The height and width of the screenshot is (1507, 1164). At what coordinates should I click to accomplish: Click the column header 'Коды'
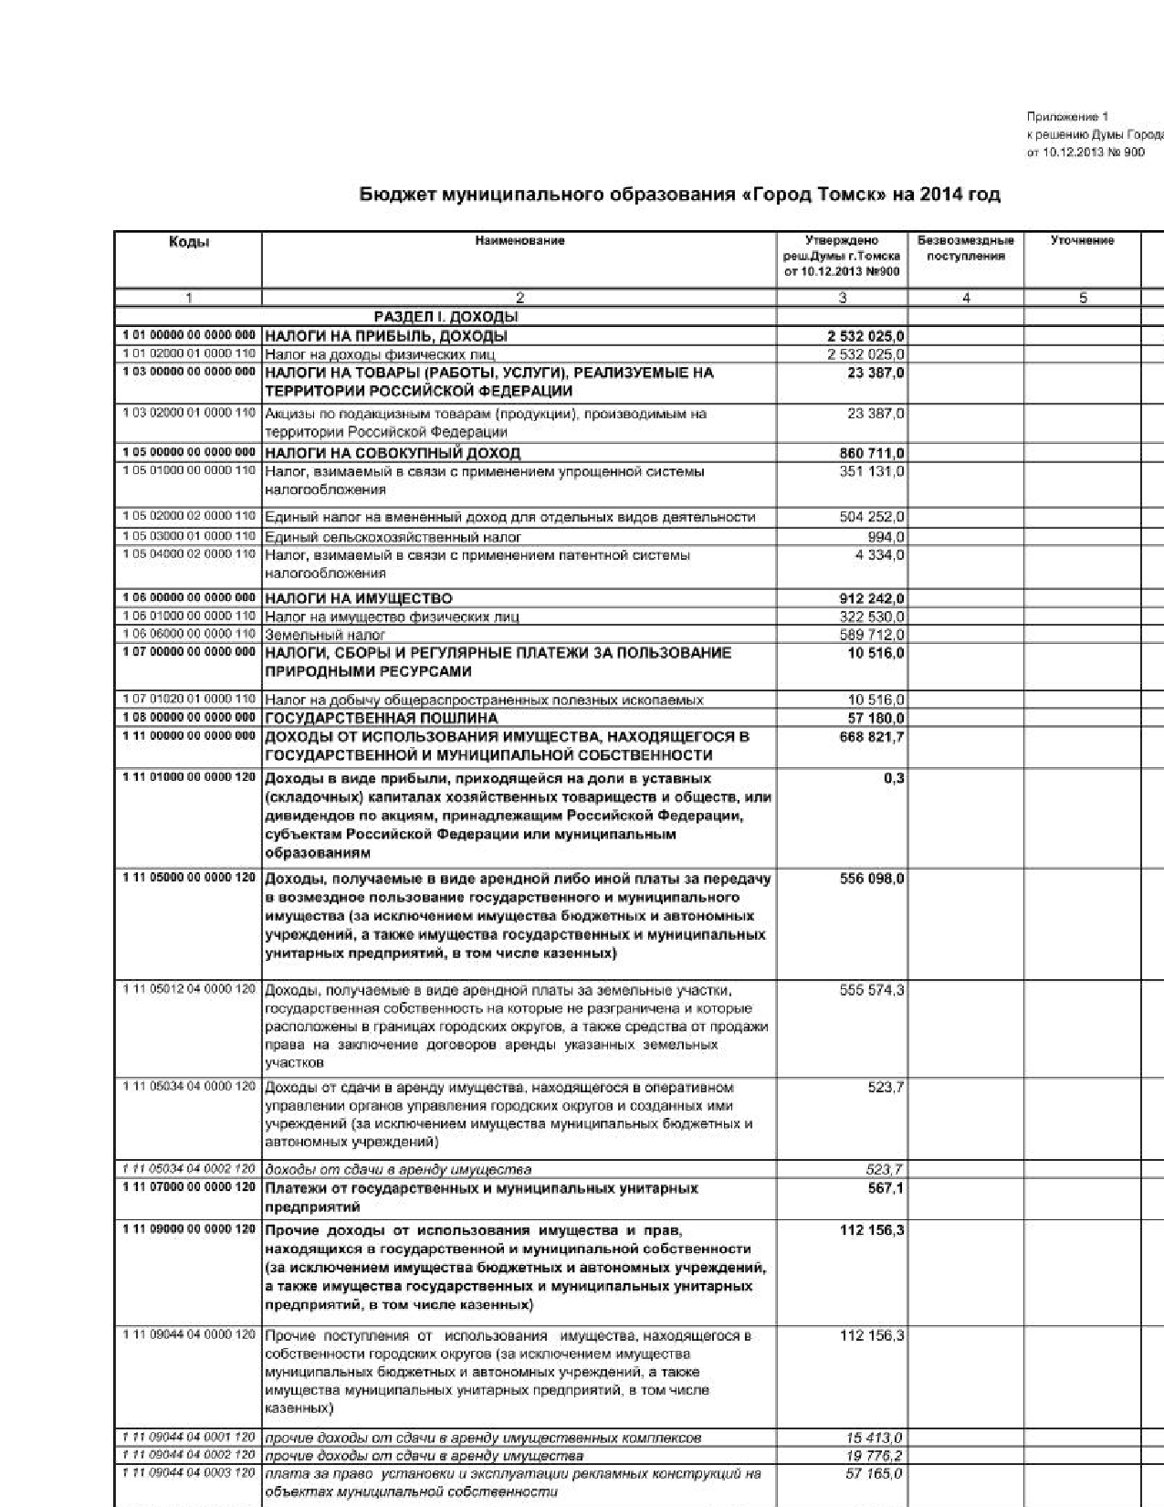point(189,242)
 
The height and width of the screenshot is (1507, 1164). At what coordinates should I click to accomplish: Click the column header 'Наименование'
point(519,241)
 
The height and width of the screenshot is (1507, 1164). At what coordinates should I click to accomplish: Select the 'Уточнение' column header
point(1082,241)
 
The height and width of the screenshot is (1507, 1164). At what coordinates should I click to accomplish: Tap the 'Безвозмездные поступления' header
point(965,248)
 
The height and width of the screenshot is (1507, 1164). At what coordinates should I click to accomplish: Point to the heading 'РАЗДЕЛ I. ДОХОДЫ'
point(446,317)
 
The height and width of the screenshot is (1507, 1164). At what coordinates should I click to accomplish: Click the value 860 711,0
point(872,454)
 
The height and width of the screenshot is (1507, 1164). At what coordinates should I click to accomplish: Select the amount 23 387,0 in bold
point(876,373)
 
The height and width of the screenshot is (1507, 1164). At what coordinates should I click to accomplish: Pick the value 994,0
point(887,537)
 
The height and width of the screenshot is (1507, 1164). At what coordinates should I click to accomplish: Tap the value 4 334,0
point(880,555)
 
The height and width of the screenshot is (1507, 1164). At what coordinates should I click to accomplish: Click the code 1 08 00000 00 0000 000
point(189,717)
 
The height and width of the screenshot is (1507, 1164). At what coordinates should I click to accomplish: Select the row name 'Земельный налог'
point(325,635)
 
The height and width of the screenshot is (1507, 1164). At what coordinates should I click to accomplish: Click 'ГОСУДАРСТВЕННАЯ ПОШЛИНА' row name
point(382,718)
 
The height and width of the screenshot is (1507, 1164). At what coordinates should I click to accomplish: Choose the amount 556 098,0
point(872,879)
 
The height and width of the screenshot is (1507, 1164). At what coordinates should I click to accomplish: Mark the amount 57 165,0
point(875,1473)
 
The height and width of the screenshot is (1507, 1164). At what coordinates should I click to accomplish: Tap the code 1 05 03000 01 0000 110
point(189,536)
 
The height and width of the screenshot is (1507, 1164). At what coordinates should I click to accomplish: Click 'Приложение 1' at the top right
point(1067,117)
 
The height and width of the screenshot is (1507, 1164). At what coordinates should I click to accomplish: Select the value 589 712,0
point(872,635)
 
